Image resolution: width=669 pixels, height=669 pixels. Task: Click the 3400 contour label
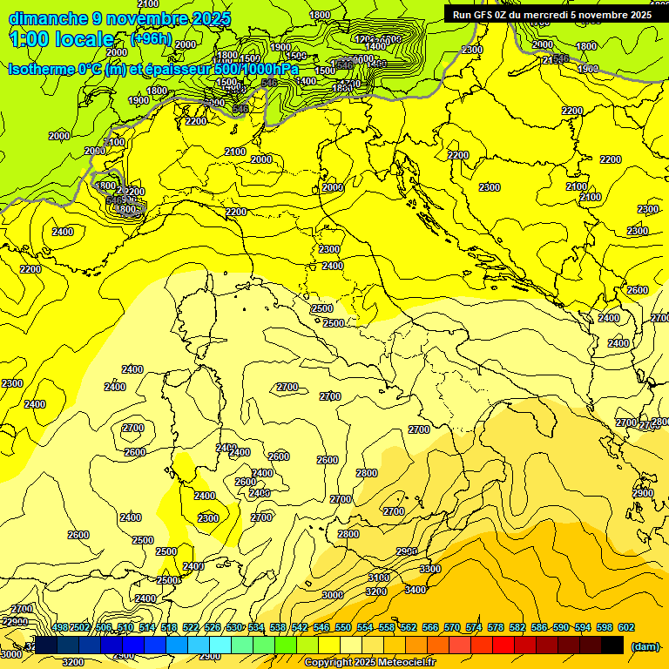(416, 590)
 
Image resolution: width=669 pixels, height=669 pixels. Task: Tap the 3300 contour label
(430, 569)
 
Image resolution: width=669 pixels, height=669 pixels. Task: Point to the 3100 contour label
(379, 578)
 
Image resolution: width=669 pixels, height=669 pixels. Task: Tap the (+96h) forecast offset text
(151, 39)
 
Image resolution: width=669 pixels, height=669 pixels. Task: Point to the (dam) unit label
(644, 646)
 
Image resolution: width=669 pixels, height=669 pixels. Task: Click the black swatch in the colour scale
(612, 645)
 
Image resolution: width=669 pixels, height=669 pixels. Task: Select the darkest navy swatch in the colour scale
(46, 645)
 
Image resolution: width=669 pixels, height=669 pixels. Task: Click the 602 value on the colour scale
(625, 627)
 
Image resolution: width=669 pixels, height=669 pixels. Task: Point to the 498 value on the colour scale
(60, 627)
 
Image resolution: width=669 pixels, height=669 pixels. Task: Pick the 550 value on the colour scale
(342, 627)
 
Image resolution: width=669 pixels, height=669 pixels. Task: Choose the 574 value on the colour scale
(473, 627)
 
